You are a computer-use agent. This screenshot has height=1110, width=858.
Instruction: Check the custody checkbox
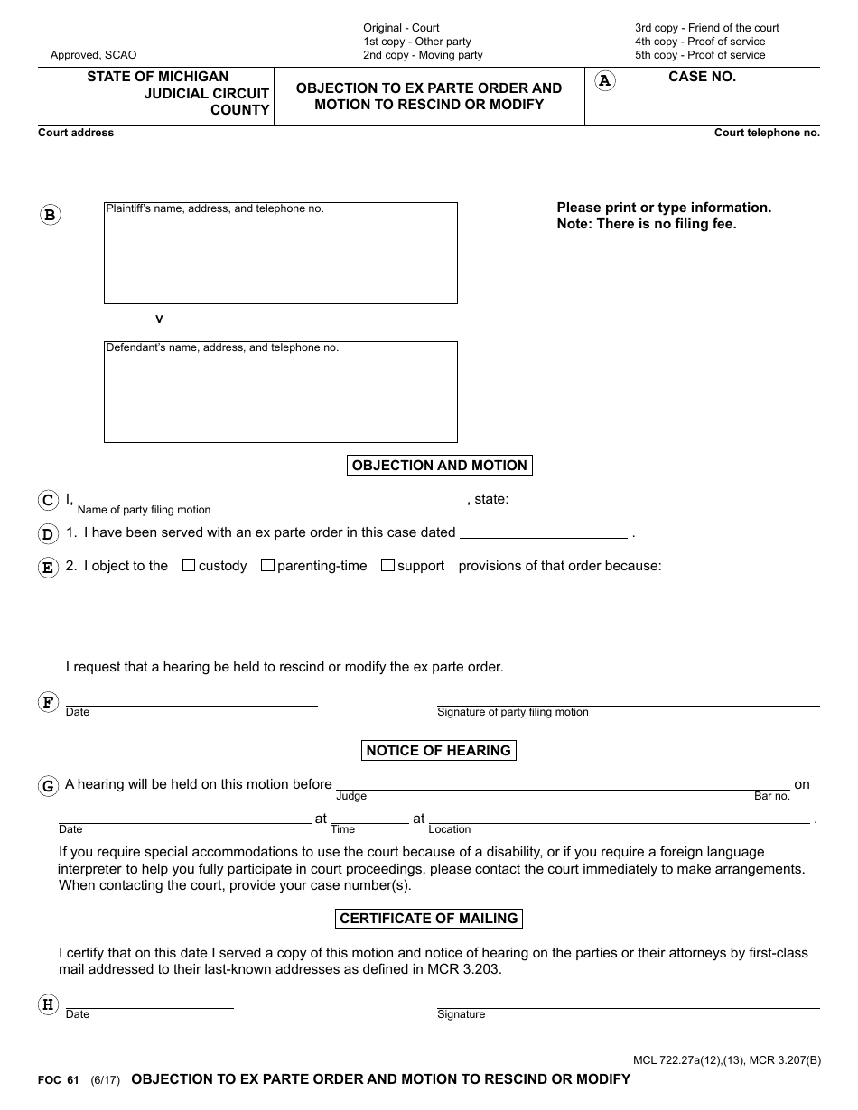coord(189,566)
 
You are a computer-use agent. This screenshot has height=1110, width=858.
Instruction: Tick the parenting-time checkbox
coord(267,566)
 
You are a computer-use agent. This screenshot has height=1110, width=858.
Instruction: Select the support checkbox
coord(387,566)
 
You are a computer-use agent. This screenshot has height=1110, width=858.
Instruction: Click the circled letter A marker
coord(605,81)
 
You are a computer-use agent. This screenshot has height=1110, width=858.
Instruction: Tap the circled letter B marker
coord(51,215)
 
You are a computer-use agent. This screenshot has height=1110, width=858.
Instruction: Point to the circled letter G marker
coord(48,786)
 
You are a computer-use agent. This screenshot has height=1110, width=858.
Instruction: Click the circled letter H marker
coord(48,1004)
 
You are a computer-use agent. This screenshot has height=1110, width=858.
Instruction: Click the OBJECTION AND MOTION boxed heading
coord(440,466)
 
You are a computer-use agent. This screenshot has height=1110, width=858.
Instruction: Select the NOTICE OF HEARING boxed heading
coord(439,750)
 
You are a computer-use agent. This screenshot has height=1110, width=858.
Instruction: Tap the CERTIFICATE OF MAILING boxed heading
coord(429,919)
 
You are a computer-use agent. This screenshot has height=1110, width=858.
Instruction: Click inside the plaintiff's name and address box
coord(281,257)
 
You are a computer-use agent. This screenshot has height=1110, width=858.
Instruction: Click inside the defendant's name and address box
coord(281,397)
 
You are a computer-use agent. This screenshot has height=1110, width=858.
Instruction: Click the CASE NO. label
coord(702,78)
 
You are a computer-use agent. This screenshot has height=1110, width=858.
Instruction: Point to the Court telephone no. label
coord(767,133)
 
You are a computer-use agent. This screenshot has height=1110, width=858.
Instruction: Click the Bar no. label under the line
coord(772,797)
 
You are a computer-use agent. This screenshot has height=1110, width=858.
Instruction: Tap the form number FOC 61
coord(59,1080)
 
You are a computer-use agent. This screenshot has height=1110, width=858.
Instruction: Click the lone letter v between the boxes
coord(160,319)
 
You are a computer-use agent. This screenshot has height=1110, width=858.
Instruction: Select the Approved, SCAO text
coord(94,55)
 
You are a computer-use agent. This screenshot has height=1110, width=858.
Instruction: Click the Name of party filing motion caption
coord(144,511)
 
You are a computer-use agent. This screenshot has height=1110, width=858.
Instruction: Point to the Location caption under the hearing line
coord(450,829)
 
